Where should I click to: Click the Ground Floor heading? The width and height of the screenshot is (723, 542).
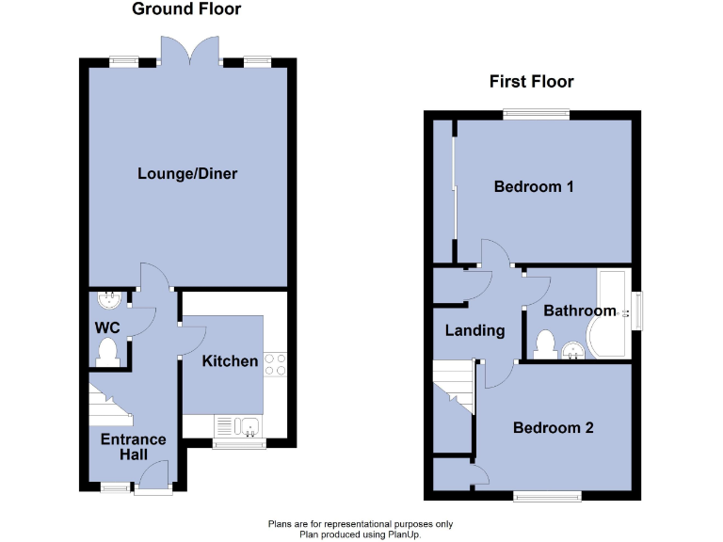(186, 9)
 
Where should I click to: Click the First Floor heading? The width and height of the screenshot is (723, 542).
(531, 82)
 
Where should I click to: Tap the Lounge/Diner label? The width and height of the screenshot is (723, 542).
(187, 174)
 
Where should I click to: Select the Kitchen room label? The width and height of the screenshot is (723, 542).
(231, 361)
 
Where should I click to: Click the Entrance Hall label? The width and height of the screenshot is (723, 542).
(133, 447)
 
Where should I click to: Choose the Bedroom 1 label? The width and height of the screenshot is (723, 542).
(534, 186)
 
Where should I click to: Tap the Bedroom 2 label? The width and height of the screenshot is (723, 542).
(553, 428)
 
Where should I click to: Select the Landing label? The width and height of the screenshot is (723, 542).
(474, 330)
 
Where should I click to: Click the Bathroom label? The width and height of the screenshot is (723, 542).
(580, 311)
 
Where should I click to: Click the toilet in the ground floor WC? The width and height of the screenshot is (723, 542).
(108, 353)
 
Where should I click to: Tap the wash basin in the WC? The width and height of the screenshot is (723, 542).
(110, 300)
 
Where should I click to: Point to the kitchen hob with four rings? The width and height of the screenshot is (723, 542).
(275, 364)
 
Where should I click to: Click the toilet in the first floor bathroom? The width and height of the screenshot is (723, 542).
(544, 345)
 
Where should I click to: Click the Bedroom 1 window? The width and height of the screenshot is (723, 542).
(535, 115)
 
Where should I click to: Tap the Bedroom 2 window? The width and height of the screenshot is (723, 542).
(547, 495)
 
